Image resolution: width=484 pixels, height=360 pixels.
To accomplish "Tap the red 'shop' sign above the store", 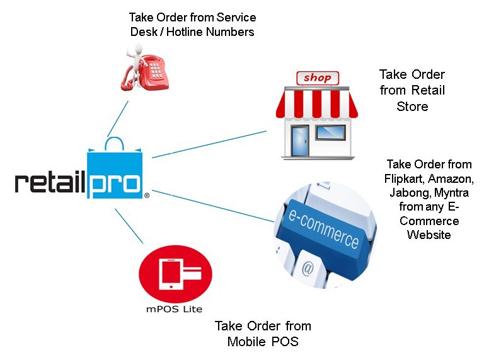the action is (x=318, y=78).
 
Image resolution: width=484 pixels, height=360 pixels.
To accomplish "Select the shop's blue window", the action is (x=331, y=132).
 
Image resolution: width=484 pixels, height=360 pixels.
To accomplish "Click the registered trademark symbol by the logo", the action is (x=147, y=195).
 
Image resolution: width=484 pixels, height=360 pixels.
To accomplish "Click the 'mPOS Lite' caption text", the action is (x=175, y=309).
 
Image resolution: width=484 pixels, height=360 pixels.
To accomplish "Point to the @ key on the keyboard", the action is (x=308, y=268).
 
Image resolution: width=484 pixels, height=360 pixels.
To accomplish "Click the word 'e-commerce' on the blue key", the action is (x=323, y=228).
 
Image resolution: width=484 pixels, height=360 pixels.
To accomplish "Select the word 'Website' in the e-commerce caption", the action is (x=429, y=235).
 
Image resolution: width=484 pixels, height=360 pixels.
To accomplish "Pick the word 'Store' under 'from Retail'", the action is (x=412, y=106).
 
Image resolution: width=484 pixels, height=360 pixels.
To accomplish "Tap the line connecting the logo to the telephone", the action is (x=118, y=119).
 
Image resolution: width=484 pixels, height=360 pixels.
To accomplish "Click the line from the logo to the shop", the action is (x=209, y=144).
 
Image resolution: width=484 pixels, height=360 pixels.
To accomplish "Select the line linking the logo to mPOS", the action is (x=129, y=226).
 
